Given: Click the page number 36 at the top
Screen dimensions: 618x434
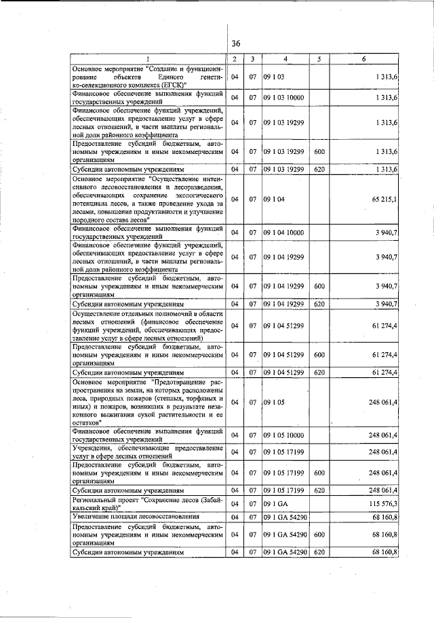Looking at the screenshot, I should [x=235, y=43].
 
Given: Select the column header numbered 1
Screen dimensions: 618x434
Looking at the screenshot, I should [x=147, y=59].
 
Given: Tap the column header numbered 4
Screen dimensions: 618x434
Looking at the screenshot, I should [x=285, y=59].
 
